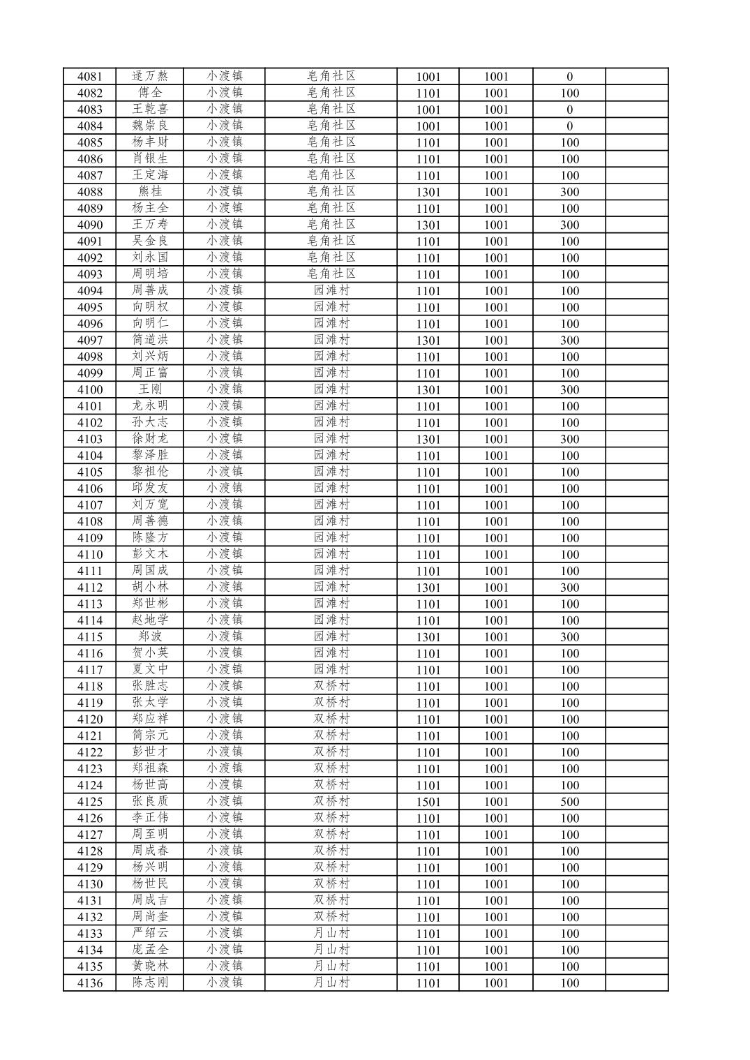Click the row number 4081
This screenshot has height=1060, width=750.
(x=89, y=77)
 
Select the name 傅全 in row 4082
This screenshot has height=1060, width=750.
(x=150, y=93)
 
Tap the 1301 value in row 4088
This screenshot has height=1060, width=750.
(x=428, y=192)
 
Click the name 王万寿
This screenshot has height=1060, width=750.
(x=150, y=225)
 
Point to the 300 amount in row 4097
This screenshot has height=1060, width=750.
(x=569, y=341)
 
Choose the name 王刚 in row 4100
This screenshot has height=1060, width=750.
(x=150, y=389)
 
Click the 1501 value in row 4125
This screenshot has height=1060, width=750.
(x=428, y=802)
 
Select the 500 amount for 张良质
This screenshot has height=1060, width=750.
(x=569, y=802)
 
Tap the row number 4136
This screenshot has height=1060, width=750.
(x=89, y=983)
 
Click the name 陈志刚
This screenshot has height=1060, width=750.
(x=150, y=983)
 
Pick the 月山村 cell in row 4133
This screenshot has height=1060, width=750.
(x=331, y=933)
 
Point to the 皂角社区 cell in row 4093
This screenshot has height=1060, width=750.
(x=331, y=274)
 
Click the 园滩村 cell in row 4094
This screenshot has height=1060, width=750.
(x=331, y=290)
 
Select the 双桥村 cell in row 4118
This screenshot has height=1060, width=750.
(x=331, y=686)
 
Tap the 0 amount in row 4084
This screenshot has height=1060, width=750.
(x=569, y=126)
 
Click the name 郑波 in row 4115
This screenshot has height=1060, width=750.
(x=150, y=636)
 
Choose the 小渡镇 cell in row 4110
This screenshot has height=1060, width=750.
(x=224, y=554)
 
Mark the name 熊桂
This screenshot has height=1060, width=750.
(x=150, y=191)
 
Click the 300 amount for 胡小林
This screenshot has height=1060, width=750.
(x=569, y=588)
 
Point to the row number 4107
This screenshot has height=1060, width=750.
(x=89, y=505)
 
